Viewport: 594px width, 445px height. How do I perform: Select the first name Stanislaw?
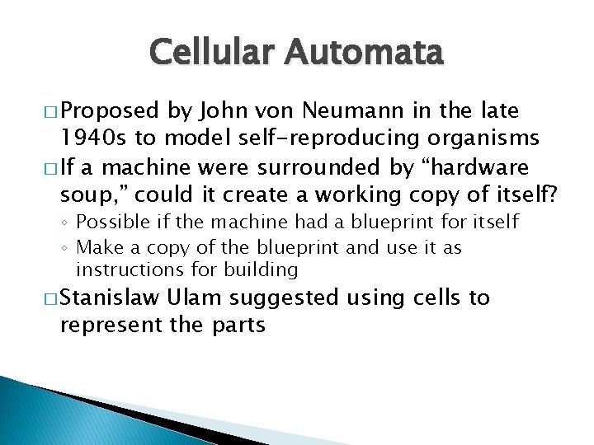click(x=112, y=297)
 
